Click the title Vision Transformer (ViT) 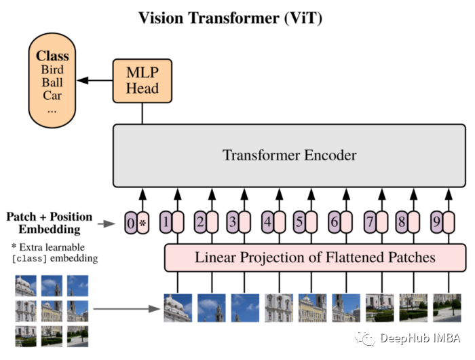click(230, 18)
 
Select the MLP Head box click(142, 81)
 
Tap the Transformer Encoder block click(289, 156)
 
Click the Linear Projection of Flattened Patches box click(315, 257)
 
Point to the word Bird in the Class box click(52, 70)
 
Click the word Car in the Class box click(52, 95)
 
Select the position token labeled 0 click(130, 222)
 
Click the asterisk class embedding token click(142, 222)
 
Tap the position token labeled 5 click(299, 222)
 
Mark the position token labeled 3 click(232, 222)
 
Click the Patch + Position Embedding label click(49, 223)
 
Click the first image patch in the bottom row click(177, 307)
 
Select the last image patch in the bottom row click(447, 307)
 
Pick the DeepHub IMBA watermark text click(419, 338)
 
